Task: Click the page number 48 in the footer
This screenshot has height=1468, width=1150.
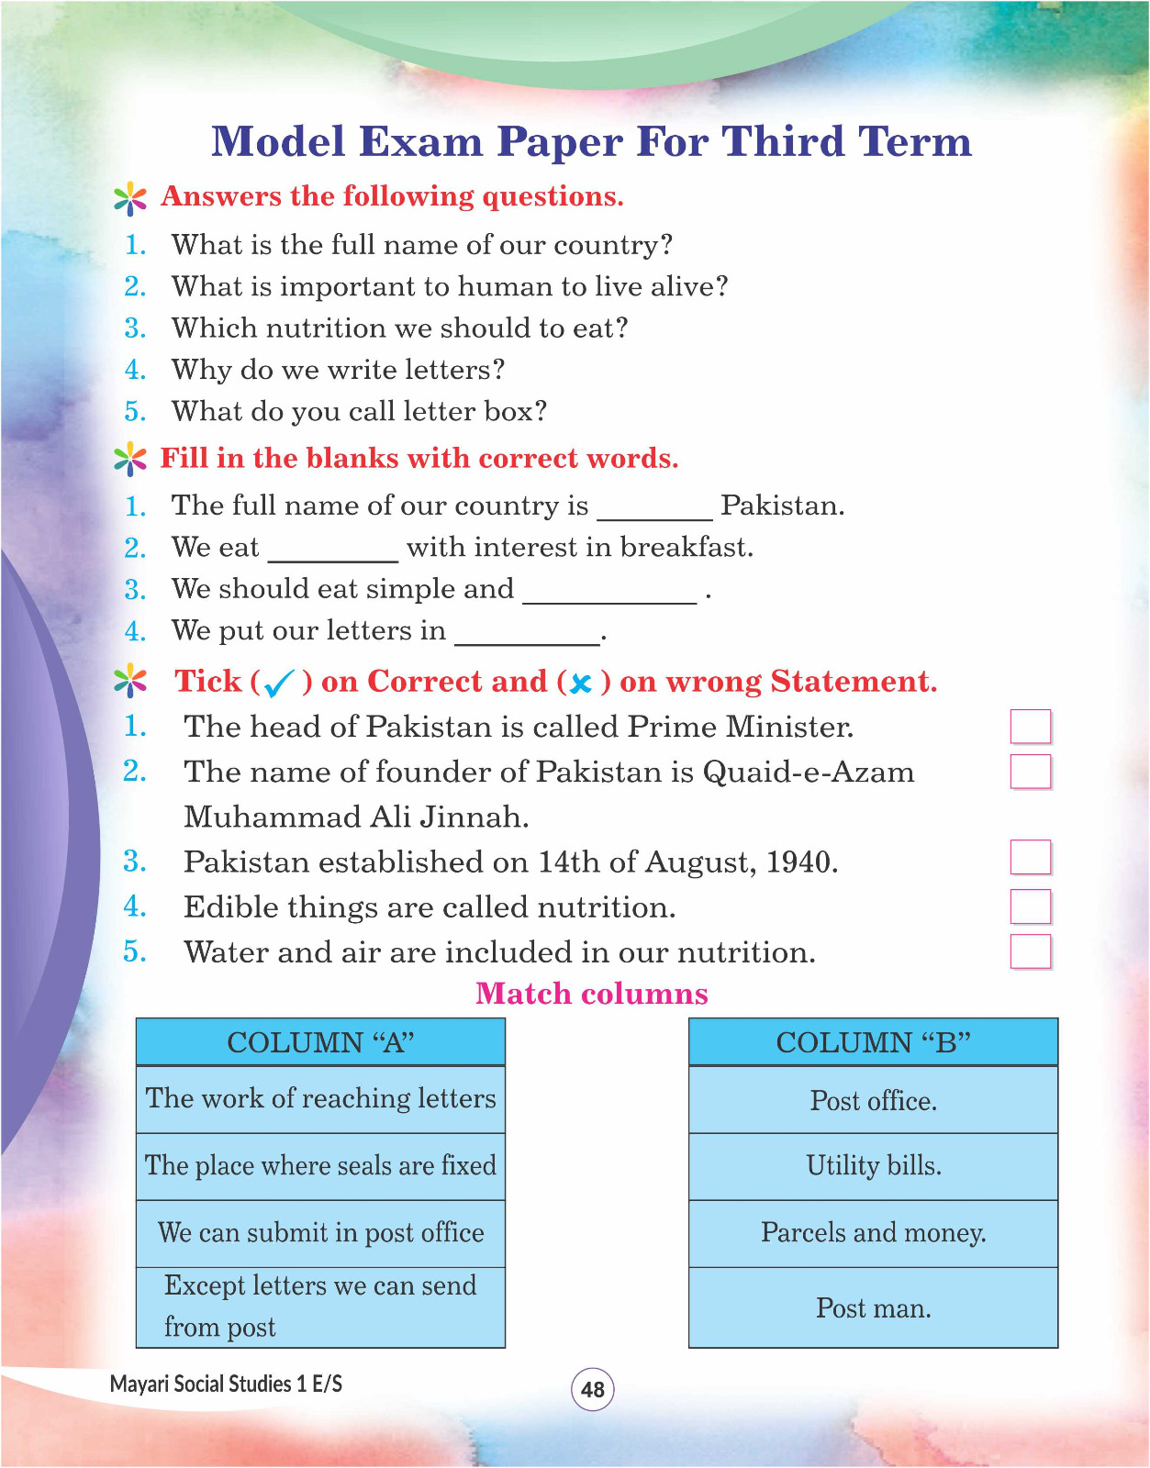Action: (593, 1389)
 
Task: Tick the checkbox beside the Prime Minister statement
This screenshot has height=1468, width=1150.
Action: (1030, 727)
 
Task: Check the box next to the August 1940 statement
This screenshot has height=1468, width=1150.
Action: (1030, 858)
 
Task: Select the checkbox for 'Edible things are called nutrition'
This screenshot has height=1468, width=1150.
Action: (1030, 906)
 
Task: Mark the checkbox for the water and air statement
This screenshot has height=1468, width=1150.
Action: (1030, 951)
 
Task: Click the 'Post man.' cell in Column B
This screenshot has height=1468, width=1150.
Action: (873, 1308)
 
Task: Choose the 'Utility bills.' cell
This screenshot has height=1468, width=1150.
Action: (873, 1166)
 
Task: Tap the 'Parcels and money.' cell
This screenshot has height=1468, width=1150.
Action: (873, 1233)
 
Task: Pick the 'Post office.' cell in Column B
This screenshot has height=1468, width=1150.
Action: (873, 1100)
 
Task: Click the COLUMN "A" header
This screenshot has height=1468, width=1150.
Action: (320, 1042)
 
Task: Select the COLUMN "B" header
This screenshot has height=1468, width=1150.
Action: (873, 1042)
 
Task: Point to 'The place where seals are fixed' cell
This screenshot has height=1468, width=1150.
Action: (320, 1166)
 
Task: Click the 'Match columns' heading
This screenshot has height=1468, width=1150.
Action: (592, 994)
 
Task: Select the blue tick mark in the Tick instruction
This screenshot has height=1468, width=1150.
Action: (278, 684)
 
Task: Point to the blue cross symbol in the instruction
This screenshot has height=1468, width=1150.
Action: (579, 684)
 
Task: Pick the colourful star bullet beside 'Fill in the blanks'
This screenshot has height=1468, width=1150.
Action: (130, 459)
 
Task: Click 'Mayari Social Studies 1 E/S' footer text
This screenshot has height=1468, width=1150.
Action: (226, 1384)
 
